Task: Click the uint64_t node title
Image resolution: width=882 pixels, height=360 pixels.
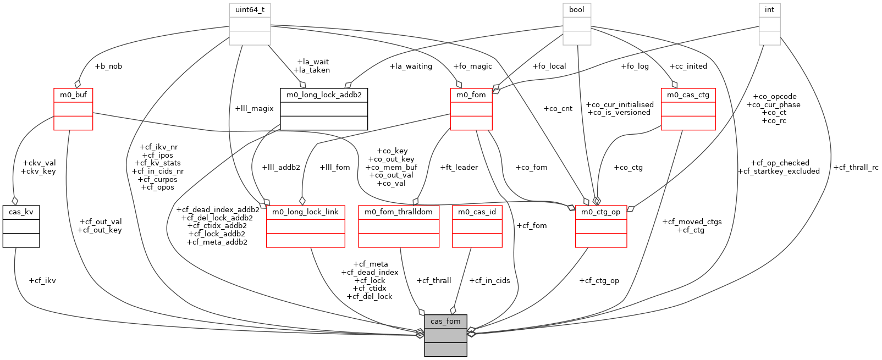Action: pyautogui.click(x=250, y=10)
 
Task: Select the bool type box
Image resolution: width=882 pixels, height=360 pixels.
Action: pyautogui.click(x=576, y=10)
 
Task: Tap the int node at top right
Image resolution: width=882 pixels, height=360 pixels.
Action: pyautogui.click(x=769, y=10)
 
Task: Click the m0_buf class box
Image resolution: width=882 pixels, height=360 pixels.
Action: pyautogui.click(x=73, y=95)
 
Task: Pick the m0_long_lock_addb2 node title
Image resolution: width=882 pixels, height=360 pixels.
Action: pyautogui.click(x=324, y=95)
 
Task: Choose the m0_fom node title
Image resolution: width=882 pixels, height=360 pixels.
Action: pyautogui.click(x=471, y=95)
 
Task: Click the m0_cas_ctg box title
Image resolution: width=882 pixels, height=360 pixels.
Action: pyautogui.click(x=688, y=95)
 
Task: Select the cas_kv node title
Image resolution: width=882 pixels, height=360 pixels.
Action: pyautogui.click(x=21, y=212)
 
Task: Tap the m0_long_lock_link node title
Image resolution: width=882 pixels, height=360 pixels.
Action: pyautogui.click(x=305, y=212)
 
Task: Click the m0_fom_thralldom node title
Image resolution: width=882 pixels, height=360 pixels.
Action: pyautogui.click(x=399, y=212)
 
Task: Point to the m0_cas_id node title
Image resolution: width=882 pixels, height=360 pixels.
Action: pyautogui.click(x=477, y=212)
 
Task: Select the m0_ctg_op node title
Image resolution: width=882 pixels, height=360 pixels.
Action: pyautogui.click(x=600, y=212)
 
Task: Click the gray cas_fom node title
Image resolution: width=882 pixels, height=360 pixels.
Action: pyautogui.click(x=445, y=322)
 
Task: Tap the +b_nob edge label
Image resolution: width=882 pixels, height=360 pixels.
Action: pyautogui.click(x=108, y=67)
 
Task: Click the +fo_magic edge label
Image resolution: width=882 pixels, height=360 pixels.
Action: pyautogui.click(x=472, y=67)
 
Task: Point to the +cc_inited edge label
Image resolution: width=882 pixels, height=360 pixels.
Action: pyautogui.click(x=688, y=67)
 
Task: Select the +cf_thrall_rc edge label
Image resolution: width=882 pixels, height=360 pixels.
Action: pyautogui.click(x=856, y=168)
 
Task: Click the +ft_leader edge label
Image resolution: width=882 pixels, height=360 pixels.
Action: pyautogui.click(x=459, y=168)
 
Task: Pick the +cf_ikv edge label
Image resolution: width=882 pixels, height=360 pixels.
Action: pyautogui.click(x=42, y=281)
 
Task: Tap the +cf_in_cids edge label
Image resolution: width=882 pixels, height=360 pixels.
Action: pyautogui.click(x=489, y=281)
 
